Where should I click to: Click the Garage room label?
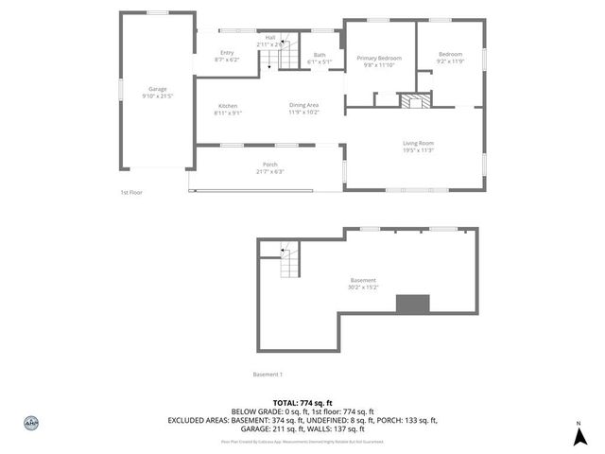(157, 89)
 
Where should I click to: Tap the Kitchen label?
(228, 106)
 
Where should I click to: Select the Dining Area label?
(303, 105)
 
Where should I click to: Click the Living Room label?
(418, 143)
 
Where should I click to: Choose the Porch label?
(269, 165)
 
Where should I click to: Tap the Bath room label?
(320, 55)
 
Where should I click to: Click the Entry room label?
(227, 52)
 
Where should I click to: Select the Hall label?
(270, 37)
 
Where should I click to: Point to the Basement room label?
(363, 280)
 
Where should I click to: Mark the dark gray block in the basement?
(412, 304)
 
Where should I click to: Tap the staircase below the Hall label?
(274, 59)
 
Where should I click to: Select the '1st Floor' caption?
(130, 192)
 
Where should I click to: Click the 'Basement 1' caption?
(268, 374)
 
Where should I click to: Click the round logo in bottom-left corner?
(30, 423)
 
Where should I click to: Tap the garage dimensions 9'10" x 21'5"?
(157, 96)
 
